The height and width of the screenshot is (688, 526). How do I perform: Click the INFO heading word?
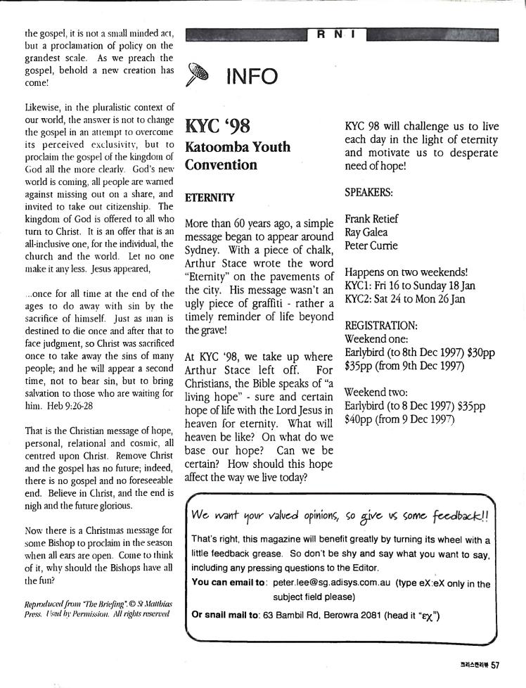click(x=252, y=75)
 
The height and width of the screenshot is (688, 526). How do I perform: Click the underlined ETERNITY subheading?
click(x=210, y=198)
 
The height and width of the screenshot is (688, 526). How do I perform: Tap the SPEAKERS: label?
click(x=369, y=191)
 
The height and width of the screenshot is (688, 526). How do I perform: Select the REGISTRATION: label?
click(x=381, y=326)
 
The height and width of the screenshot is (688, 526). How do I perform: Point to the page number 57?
click(x=495, y=665)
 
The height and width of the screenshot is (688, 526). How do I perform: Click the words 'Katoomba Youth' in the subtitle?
click(x=237, y=148)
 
